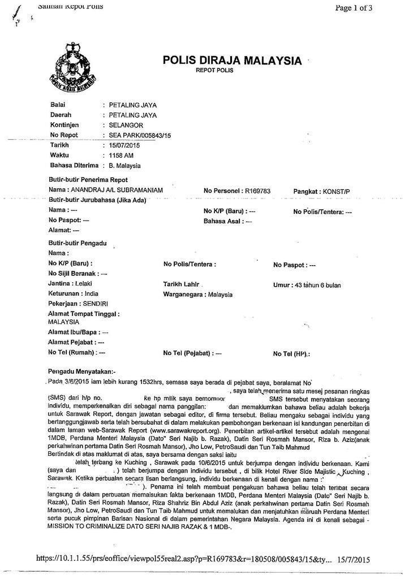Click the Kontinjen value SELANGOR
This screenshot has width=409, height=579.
[126, 125]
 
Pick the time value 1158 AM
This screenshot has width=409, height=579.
[121, 155]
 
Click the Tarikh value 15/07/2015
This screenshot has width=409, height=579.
[124, 145]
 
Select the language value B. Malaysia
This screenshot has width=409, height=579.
[124, 166]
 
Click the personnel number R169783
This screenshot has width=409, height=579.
[257, 191]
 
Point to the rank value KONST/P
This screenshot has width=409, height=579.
[336, 191]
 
